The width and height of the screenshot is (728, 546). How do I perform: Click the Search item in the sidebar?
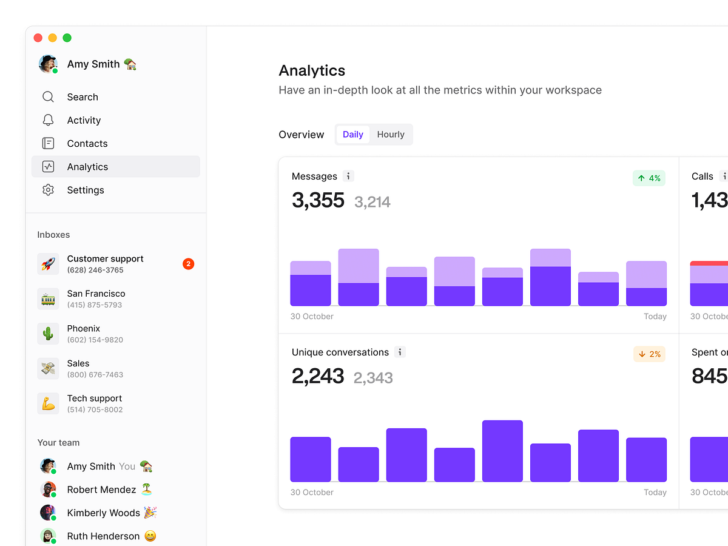click(82, 97)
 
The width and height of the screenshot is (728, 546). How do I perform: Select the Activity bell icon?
click(48, 120)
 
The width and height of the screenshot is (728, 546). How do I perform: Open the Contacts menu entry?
click(87, 144)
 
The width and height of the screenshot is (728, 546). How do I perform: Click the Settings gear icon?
click(48, 190)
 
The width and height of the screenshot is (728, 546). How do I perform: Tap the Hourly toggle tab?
click(390, 135)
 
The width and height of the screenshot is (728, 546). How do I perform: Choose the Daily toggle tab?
click(352, 135)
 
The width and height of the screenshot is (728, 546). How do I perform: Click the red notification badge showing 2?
click(188, 264)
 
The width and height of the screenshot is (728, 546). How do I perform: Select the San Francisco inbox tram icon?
click(48, 299)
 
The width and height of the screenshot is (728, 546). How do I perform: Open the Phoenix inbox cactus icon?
click(48, 334)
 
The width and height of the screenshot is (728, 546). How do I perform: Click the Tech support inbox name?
click(94, 399)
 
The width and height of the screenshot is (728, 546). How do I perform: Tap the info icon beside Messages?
click(348, 177)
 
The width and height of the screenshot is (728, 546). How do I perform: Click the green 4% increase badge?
click(649, 178)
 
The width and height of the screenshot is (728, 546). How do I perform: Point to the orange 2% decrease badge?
click(649, 354)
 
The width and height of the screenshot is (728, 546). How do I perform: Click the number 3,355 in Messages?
click(318, 200)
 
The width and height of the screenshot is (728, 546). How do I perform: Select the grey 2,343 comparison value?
click(372, 378)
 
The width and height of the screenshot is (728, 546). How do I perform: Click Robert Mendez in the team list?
click(101, 490)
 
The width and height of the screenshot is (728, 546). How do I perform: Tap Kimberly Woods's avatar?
click(48, 513)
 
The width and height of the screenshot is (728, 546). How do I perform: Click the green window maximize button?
click(67, 38)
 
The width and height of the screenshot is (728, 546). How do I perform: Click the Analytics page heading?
click(312, 71)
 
